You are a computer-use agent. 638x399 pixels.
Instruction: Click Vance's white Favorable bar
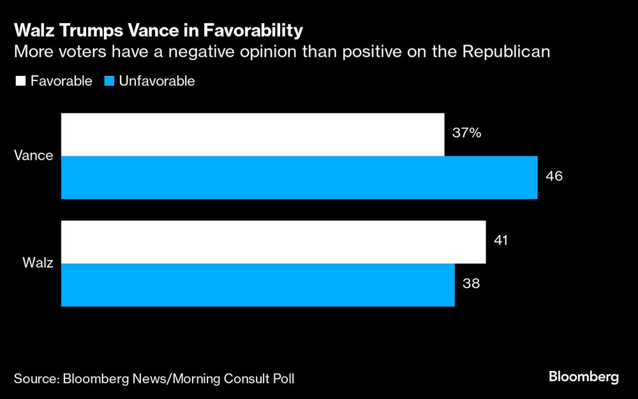point(253,135)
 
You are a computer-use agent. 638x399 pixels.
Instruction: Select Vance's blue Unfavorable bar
point(299,177)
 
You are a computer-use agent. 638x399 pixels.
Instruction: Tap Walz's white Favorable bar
point(273,242)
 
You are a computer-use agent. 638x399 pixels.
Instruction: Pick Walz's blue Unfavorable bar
point(258,285)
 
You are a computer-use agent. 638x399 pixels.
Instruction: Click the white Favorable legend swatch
point(19,81)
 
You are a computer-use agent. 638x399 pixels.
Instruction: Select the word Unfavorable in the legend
point(156,81)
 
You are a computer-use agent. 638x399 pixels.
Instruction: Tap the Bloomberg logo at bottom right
point(584,377)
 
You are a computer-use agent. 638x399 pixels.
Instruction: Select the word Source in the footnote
point(34,379)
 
